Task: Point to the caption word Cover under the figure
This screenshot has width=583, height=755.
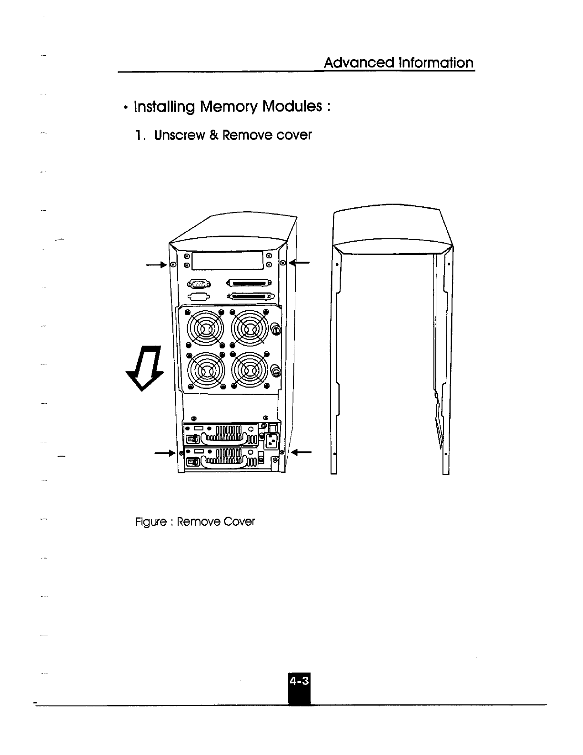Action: point(239,522)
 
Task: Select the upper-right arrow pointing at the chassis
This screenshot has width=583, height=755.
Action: point(300,262)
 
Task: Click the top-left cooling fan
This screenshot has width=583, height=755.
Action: point(205,327)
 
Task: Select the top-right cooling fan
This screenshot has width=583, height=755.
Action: point(249,327)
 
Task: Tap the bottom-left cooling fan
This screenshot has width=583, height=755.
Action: point(205,370)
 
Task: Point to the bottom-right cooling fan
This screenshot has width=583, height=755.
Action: point(249,370)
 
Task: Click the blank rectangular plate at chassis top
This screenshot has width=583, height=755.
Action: point(227,260)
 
